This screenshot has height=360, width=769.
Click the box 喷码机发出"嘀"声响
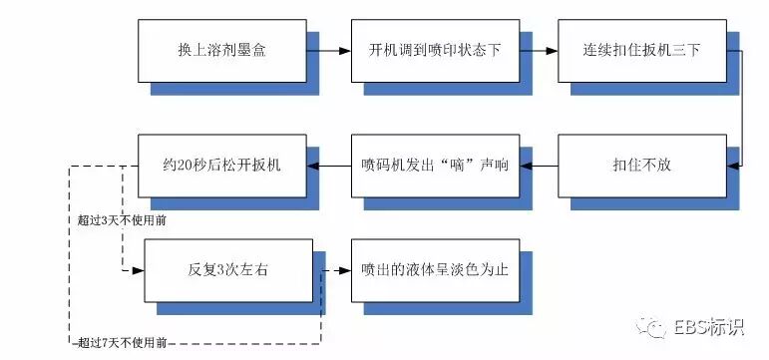coord(434,164)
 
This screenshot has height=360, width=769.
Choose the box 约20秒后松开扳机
coord(221,164)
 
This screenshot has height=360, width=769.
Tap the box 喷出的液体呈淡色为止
coord(436,269)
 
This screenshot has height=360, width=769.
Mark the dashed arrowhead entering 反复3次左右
coord(140,269)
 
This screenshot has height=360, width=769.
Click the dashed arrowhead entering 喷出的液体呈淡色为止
coord(344,269)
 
